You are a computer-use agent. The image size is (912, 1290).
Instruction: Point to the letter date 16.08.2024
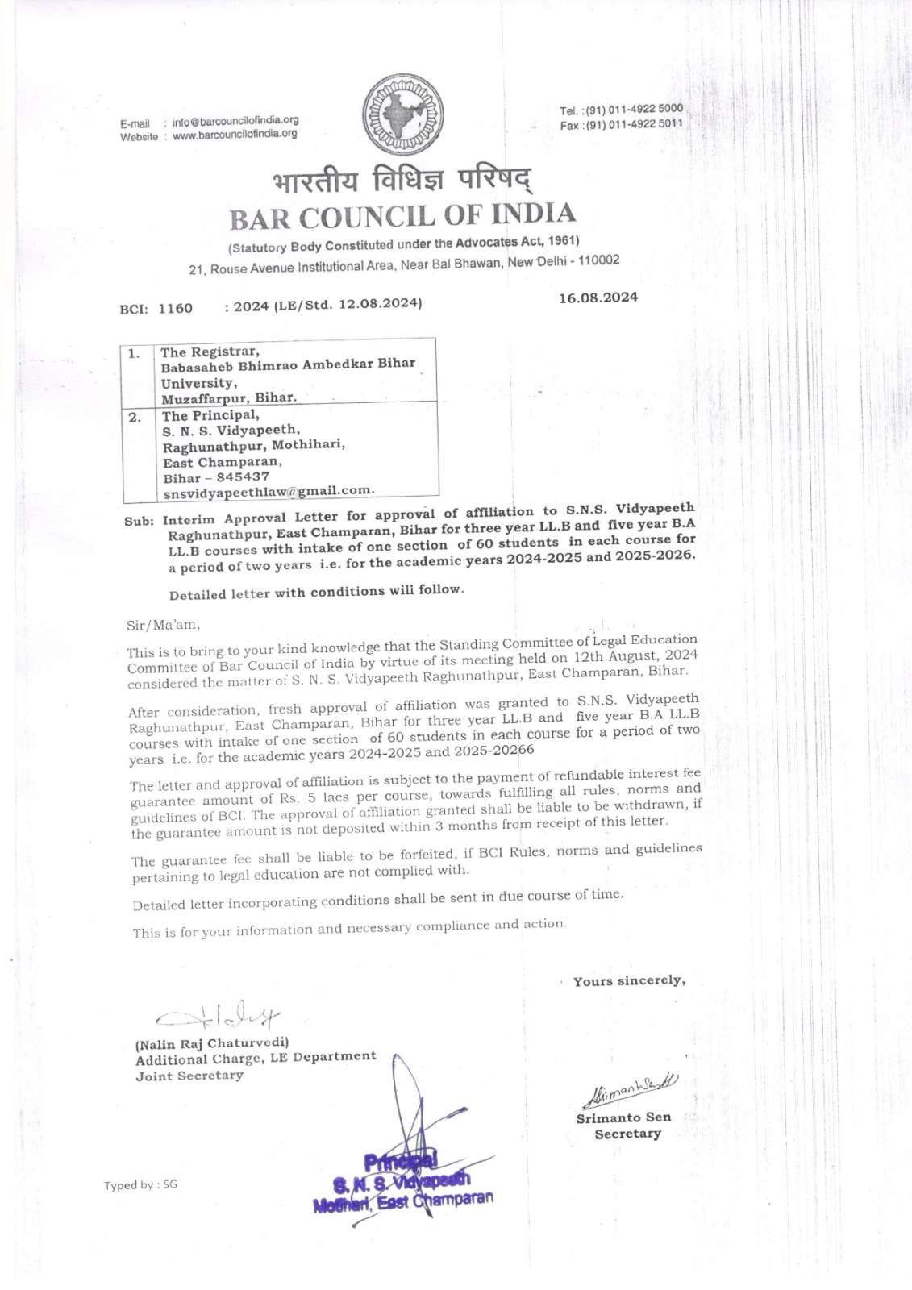point(598,298)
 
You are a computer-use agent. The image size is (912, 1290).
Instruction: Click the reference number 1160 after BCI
point(177,308)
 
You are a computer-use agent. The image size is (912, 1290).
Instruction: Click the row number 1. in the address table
point(135,352)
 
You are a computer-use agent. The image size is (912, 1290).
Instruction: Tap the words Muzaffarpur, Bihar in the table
point(229,397)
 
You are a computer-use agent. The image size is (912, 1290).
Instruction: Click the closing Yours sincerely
point(629,981)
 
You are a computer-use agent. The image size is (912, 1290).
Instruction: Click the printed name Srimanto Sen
point(623,1117)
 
